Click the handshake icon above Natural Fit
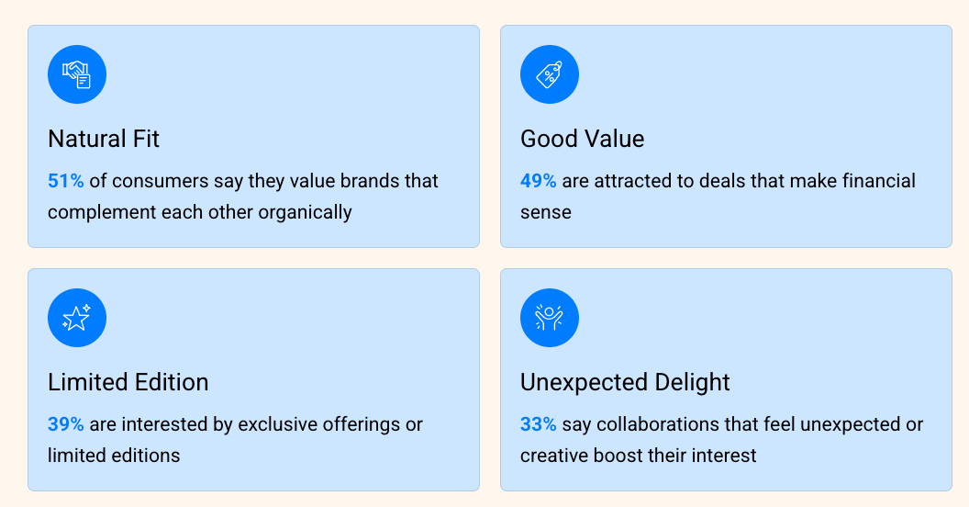pos(77,74)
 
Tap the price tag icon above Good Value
pos(550,74)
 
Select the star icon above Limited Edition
pos(77,318)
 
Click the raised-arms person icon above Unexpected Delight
pos(550,318)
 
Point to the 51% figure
pos(65,181)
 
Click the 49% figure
pos(539,181)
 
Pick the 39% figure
pos(65,424)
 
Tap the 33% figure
pos(539,424)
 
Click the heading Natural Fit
pos(104,139)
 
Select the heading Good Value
pos(582,139)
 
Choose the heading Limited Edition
pos(128,382)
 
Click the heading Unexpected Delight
pos(625,383)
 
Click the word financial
pos(879,181)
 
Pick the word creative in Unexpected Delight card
pos(553,456)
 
